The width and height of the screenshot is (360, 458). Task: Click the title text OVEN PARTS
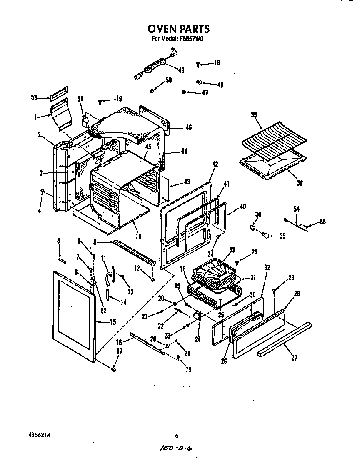tap(178, 29)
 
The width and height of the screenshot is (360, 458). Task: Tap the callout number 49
tap(181, 70)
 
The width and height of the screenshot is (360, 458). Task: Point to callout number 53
tap(34, 97)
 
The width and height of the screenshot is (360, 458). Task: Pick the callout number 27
tap(294, 357)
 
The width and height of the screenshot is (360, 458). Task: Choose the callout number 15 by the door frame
tap(112, 321)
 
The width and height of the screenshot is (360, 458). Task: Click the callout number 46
tap(188, 127)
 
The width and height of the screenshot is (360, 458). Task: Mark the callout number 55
tap(322, 222)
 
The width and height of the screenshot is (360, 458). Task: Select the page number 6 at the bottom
tap(177, 436)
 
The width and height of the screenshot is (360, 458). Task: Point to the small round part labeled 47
tap(184, 92)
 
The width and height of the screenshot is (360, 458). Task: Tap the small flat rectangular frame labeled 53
tap(58, 94)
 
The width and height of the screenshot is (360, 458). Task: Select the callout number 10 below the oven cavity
tap(138, 236)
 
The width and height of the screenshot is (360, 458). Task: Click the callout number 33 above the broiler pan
tap(232, 250)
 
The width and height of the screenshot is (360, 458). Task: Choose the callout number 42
tap(215, 164)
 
